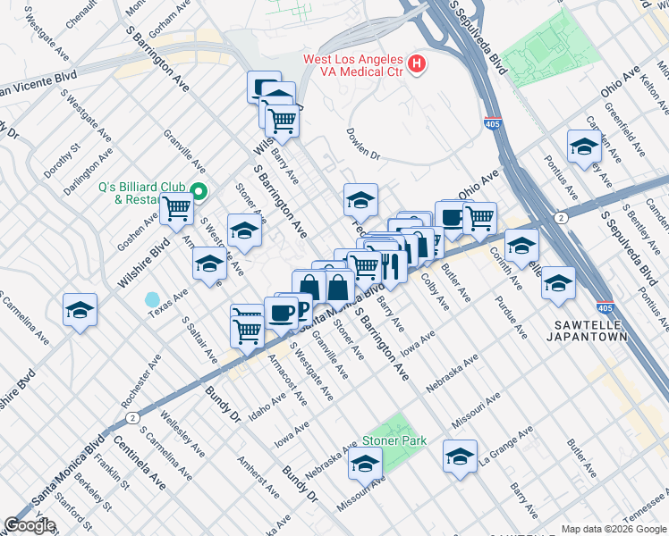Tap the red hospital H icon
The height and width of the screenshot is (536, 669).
(x=416, y=63)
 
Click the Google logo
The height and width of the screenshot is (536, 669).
(x=30, y=525)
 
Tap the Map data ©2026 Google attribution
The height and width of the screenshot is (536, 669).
(x=614, y=529)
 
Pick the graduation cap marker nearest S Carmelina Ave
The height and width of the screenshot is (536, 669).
(x=80, y=310)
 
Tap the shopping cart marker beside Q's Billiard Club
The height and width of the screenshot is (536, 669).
(x=177, y=209)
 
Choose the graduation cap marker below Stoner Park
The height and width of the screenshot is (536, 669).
(x=365, y=463)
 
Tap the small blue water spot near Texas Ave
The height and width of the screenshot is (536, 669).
(x=153, y=298)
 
